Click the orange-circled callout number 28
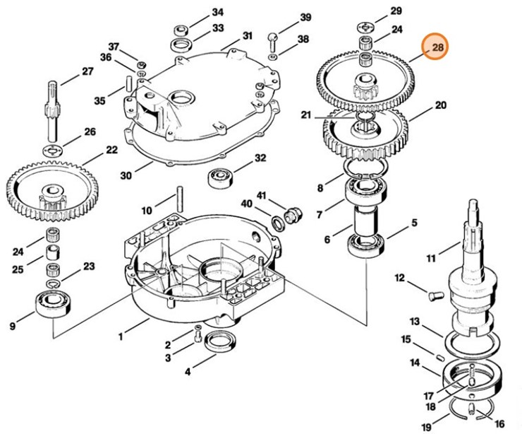pos(437,48)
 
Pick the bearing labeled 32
pos(221,177)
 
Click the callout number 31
pos(247,35)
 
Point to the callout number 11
pos(430,249)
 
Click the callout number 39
pos(305,17)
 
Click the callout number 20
pos(440,106)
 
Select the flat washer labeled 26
pos(52,150)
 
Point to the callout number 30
pos(126,175)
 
